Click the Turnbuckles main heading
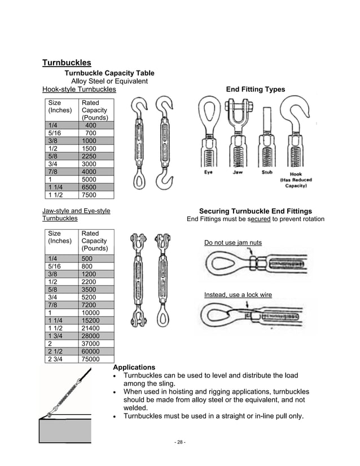tap(67, 63)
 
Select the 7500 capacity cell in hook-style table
tap(89, 195)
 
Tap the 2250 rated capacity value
tap(89, 156)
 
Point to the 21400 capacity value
tap(91, 328)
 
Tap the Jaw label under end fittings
tap(238, 173)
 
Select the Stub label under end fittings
tap(267, 173)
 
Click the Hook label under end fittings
tap(296, 174)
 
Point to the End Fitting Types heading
tap(255, 89)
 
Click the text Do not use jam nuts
tap(232, 243)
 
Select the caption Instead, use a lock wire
tap(238, 295)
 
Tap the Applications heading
tap(134, 367)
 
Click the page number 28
tap(180, 442)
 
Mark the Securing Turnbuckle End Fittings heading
tap(255, 211)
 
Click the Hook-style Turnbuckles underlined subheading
tap(79, 89)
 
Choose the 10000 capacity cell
tap(91, 313)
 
